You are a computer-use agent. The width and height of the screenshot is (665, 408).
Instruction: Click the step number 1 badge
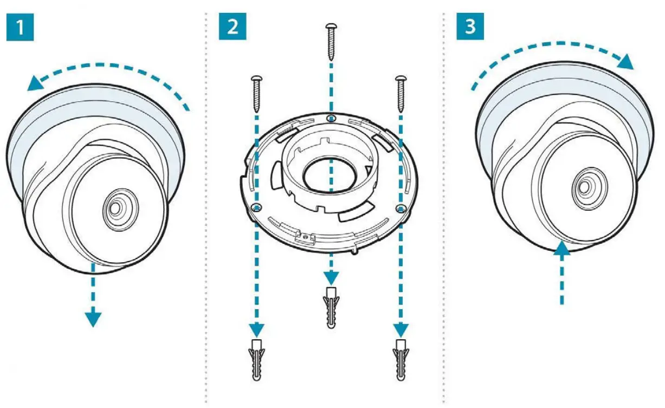point(20,28)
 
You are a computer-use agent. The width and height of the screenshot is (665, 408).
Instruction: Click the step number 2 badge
point(233,27)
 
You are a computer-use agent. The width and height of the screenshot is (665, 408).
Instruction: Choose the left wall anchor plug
point(257,358)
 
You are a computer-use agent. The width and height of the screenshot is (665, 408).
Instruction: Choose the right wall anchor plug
point(401,358)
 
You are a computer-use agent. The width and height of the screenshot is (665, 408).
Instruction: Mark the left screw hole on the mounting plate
point(257,207)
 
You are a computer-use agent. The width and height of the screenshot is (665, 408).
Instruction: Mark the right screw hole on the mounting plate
point(401,207)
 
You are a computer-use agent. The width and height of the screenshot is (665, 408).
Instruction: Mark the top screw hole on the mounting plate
point(331,118)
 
